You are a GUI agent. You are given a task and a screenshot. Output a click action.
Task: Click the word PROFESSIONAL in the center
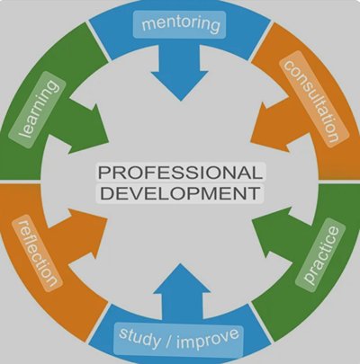(180, 173)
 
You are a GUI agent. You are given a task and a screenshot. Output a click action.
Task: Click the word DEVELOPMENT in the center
(180, 193)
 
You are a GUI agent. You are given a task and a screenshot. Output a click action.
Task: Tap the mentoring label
(179, 24)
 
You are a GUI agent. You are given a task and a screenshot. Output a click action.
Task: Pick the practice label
(320, 255)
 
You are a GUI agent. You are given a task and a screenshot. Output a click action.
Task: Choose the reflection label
(37, 253)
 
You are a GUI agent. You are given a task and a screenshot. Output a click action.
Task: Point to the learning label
(38, 110)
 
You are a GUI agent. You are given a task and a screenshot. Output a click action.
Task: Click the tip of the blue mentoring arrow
(181, 101)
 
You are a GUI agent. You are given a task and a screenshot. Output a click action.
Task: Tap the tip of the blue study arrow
(180, 263)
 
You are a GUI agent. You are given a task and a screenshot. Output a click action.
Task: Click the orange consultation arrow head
(271, 127)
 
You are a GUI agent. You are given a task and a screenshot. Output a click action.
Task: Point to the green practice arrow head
(272, 232)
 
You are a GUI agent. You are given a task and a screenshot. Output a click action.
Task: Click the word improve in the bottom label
(208, 339)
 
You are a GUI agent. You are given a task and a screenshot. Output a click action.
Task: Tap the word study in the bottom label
(139, 338)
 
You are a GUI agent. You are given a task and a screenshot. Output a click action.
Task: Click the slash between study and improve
(167, 341)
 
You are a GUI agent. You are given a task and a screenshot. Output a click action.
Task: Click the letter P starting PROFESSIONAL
(104, 173)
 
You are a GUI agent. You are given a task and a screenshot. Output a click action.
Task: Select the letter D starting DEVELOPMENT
(106, 193)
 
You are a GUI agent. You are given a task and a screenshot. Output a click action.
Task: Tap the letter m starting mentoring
(148, 24)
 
